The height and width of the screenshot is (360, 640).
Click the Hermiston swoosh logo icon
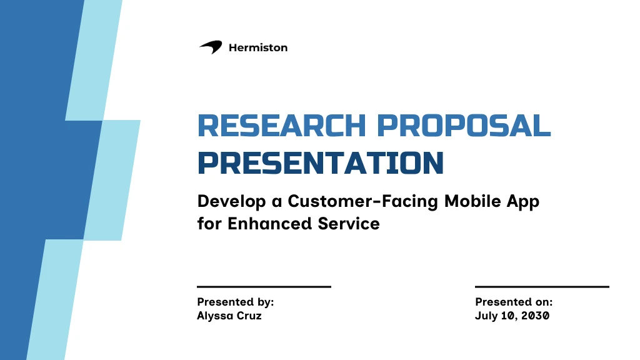(211, 47)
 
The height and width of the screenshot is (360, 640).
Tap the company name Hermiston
(258, 47)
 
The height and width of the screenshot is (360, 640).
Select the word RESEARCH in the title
(281, 126)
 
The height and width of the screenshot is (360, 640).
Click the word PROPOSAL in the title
(463, 126)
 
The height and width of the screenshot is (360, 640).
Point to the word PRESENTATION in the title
(321, 162)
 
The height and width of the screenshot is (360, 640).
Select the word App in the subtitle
(524, 202)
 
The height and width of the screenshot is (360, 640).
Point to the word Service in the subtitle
(350, 223)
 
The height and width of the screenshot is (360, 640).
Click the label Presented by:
(236, 302)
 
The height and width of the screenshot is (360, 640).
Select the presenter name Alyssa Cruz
(229, 316)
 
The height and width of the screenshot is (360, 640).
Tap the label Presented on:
(514, 302)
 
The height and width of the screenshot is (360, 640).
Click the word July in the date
(486, 316)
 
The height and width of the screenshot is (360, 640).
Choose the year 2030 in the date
(535, 316)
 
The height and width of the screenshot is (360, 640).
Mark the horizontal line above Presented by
(264, 287)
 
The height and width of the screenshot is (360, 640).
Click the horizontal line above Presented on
(542, 287)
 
